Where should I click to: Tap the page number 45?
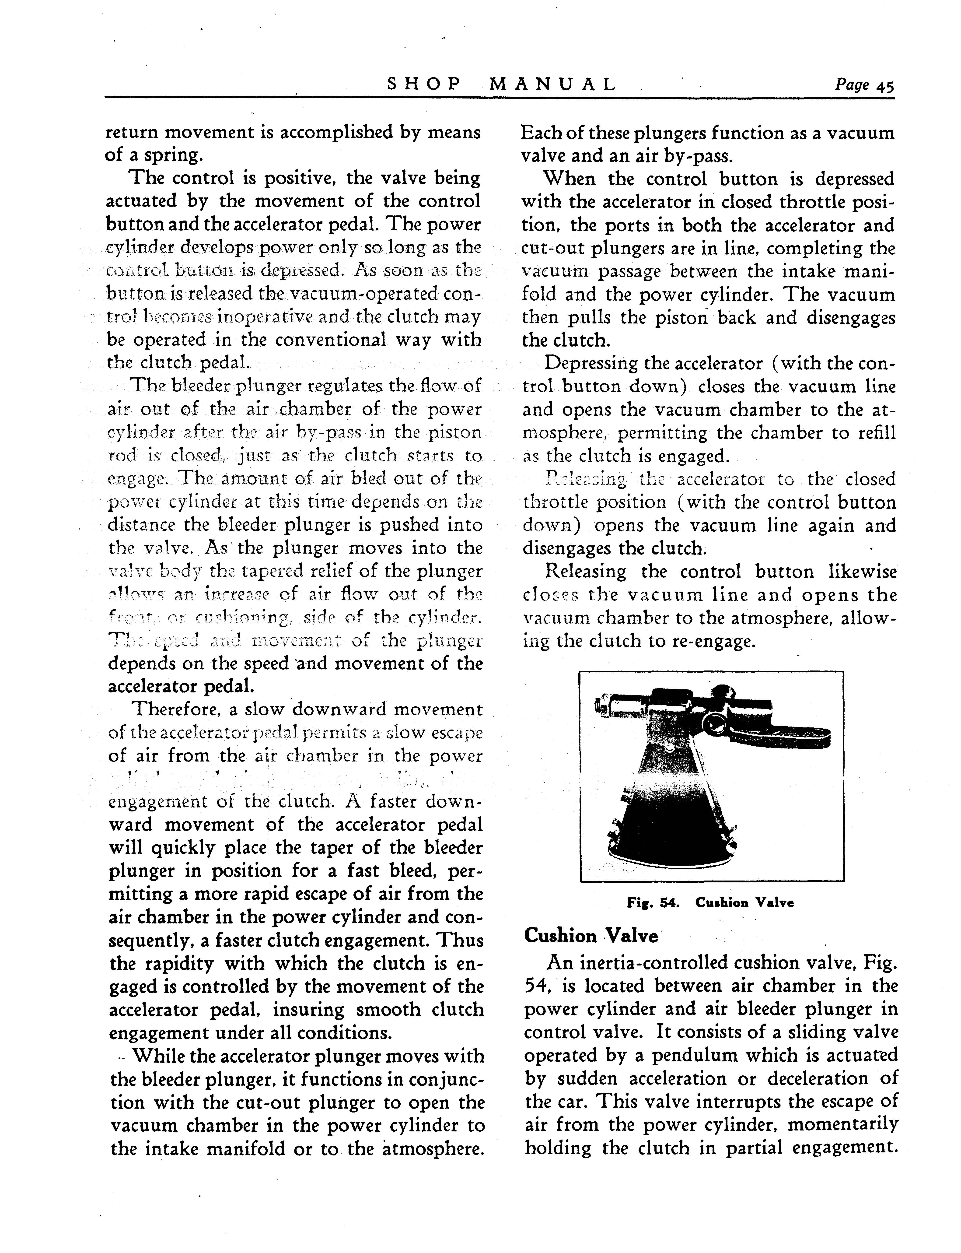(884, 86)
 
